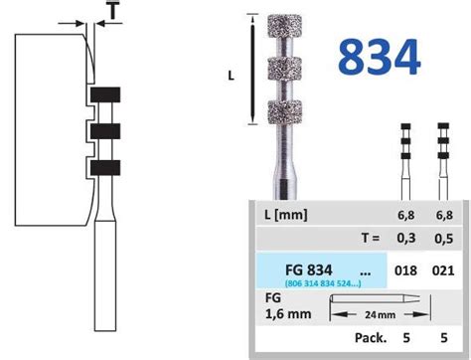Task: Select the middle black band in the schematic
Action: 104,131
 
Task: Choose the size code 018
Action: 405,270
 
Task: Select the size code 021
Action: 444,270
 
